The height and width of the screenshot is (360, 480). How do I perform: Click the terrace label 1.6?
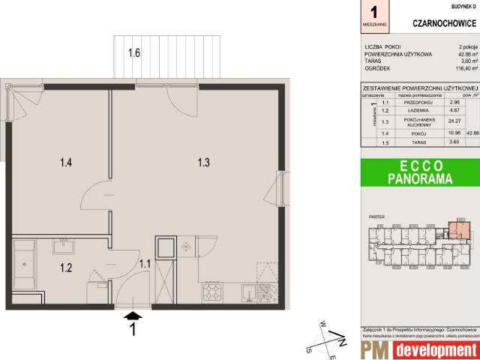pos(134,53)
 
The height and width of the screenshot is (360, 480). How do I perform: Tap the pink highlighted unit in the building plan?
pos(455,230)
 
